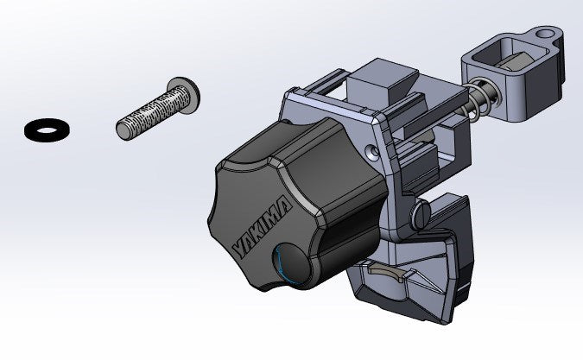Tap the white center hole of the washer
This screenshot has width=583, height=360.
(47, 130)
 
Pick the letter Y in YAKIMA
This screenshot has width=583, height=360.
(241, 248)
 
